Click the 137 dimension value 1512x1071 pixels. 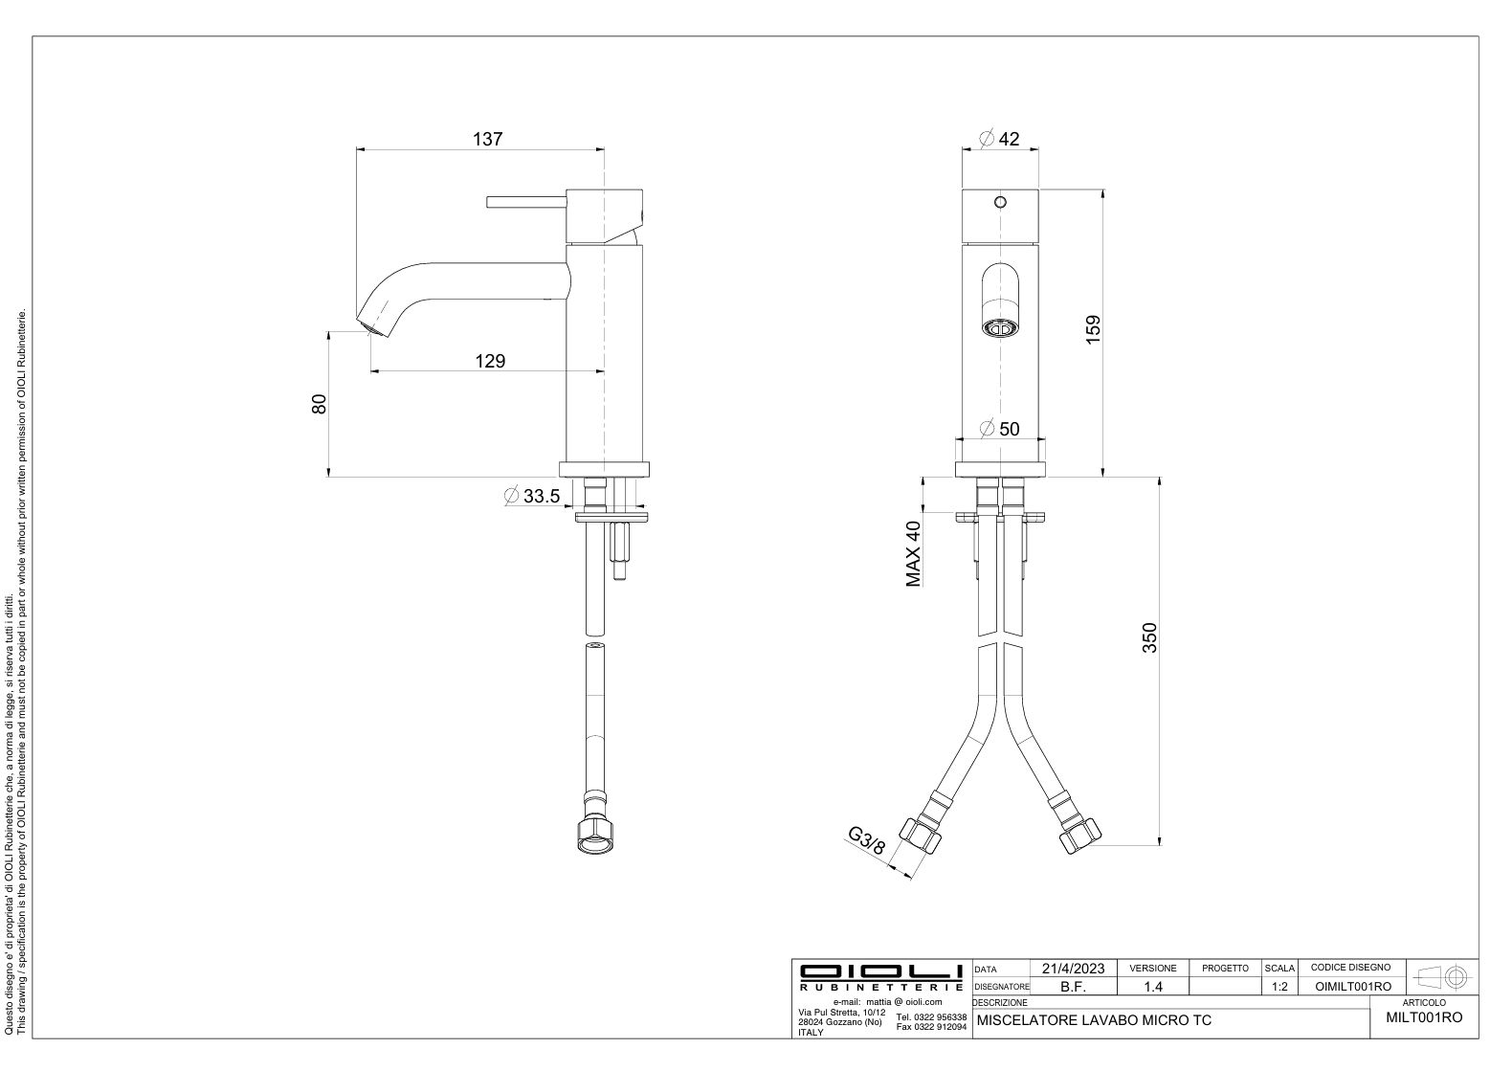[487, 139]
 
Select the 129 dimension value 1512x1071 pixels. [490, 361]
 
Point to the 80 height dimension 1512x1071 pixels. [319, 404]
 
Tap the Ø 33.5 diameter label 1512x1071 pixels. [533, 497]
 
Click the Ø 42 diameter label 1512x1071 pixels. [999, 139]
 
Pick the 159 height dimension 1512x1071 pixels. [1093, 329]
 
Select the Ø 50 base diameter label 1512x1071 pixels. [1000, 429]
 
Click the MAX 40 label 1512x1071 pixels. [913, 554]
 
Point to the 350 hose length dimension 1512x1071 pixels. [1149, 637]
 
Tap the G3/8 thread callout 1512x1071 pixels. [866, 841]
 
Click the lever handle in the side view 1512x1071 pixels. [526, 202]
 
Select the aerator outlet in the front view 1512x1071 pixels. [1000, 329]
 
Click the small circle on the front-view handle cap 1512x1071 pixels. [1000, 202]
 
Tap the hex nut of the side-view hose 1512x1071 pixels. [596, 836]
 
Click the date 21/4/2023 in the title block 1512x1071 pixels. [1074, 969]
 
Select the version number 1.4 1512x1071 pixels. [1153, 987]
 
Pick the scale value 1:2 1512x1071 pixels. [1279, 987]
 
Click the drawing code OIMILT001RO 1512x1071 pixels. [1353, 987]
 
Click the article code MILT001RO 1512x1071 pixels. [1424, 1017]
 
